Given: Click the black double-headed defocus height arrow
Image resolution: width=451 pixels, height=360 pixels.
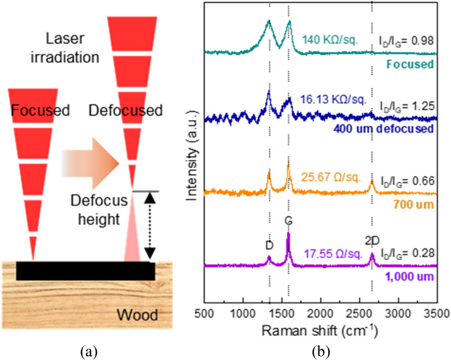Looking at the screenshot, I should [151, 225].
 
